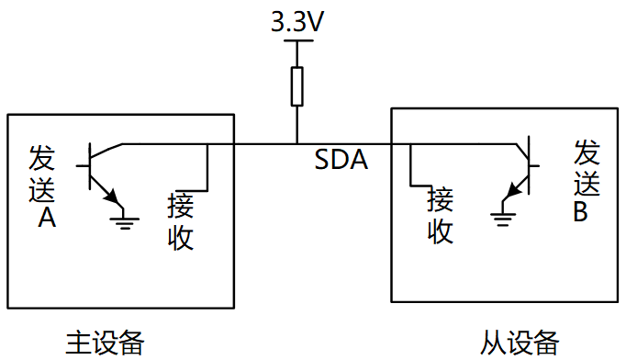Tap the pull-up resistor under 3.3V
(296, 85)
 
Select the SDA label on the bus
(341, 161)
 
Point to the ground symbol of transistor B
(501, 218)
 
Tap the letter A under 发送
(44, 218)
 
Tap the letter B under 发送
(581, 212)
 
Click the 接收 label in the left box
(180, 221)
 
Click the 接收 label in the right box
(441, 215)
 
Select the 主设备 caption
(105, 343)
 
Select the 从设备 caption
(520, 343)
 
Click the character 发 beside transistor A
(42, 157)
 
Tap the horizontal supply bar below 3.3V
(296, 41)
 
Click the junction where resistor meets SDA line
(296, 143)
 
